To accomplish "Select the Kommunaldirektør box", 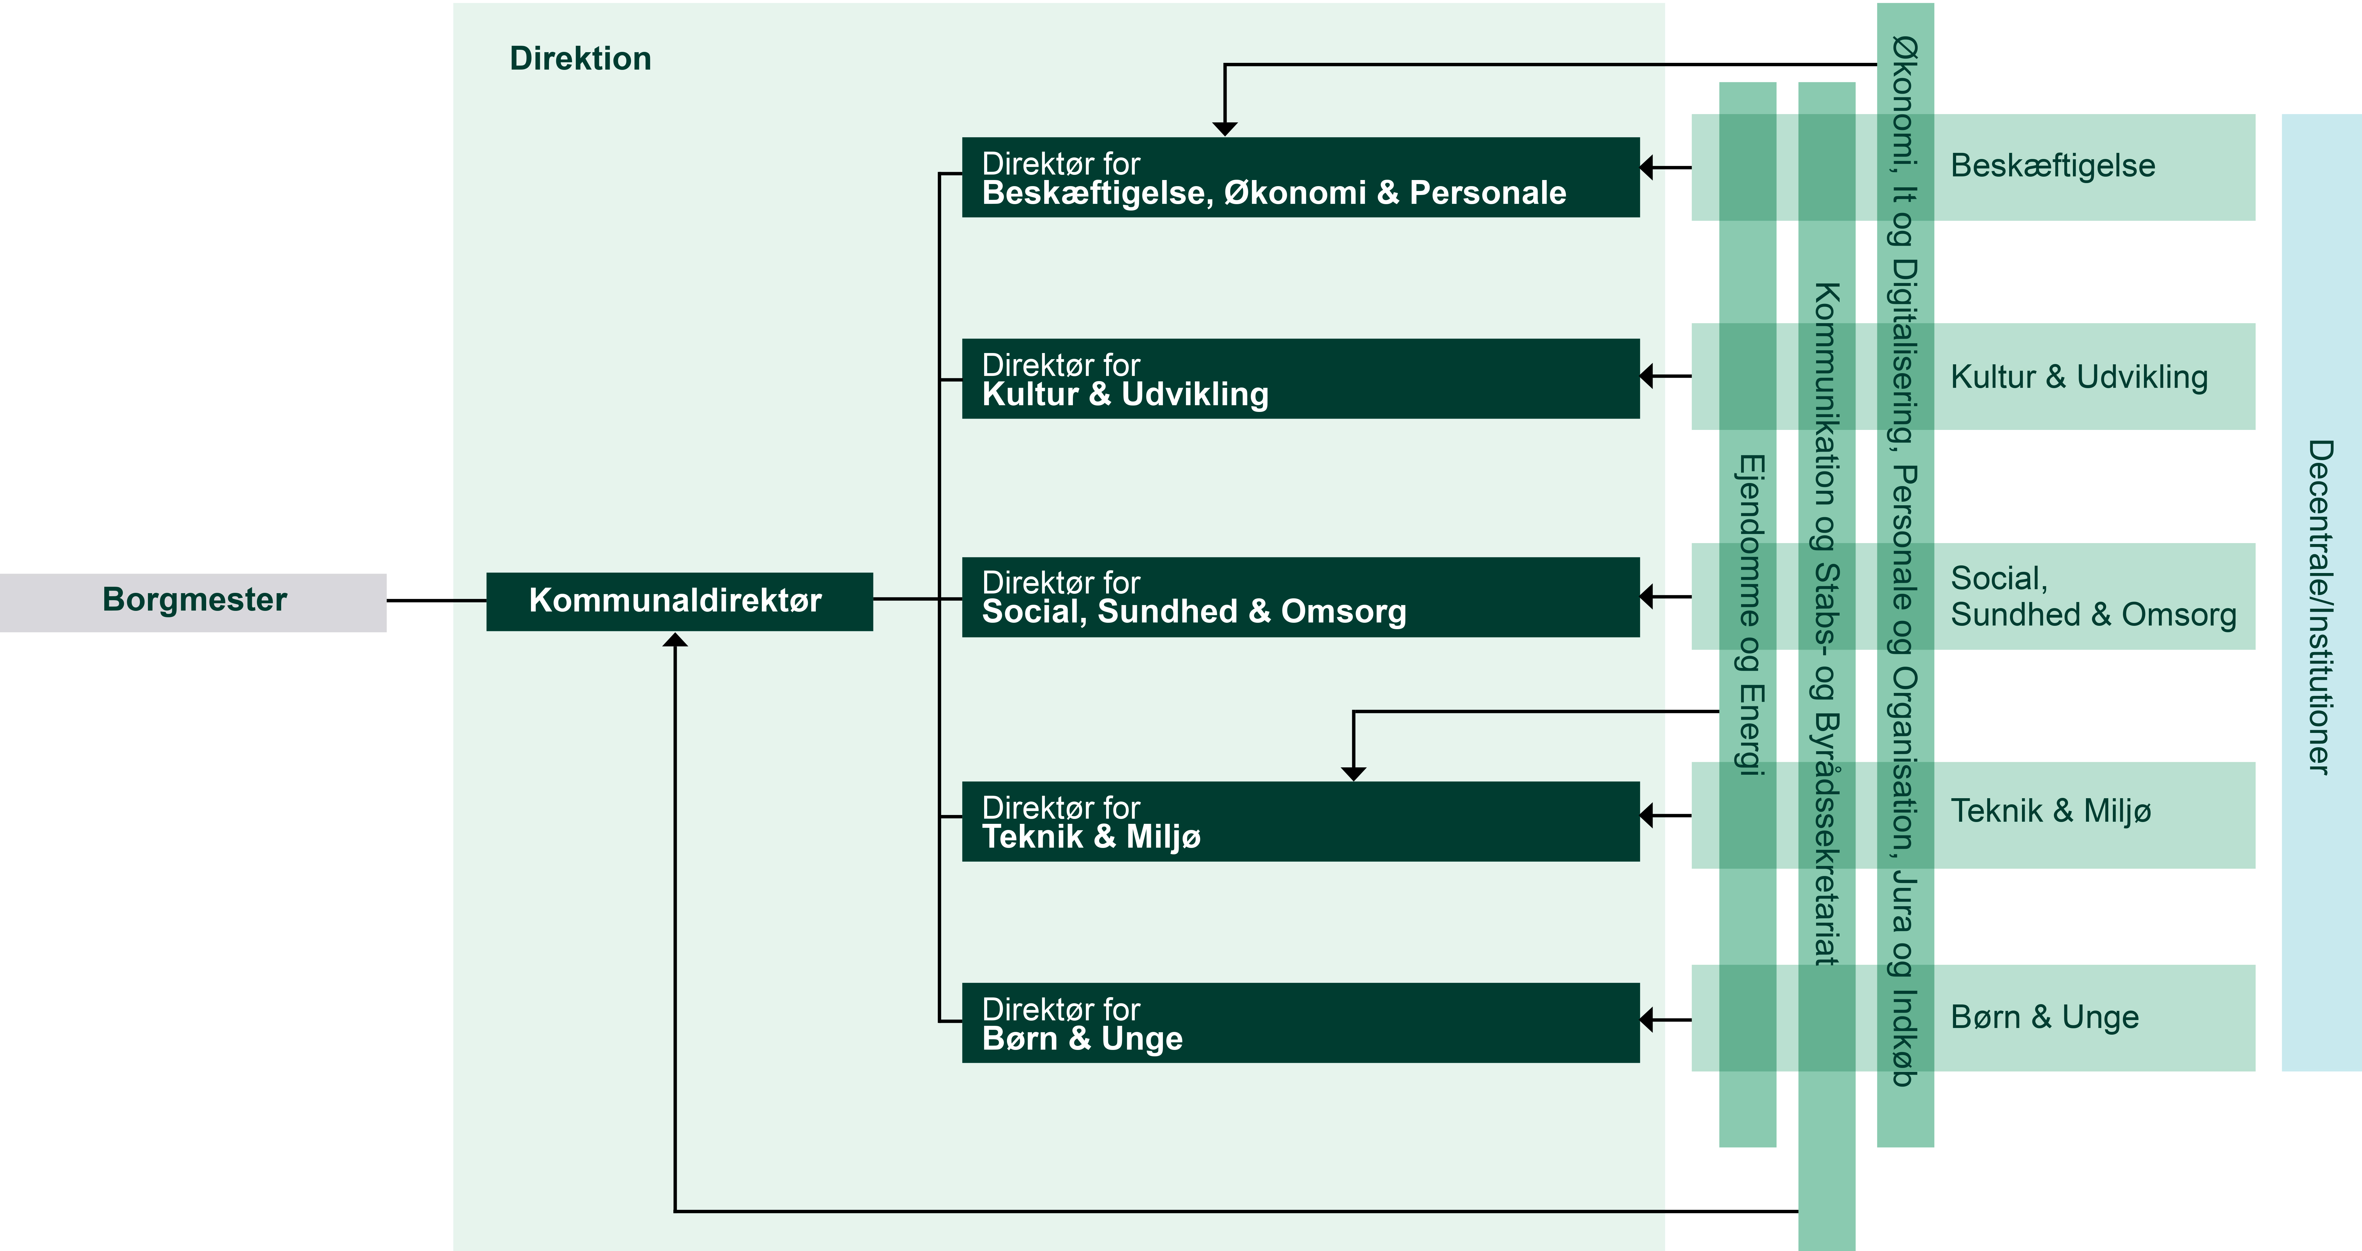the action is coord(679,602).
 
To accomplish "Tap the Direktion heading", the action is coord(580,59).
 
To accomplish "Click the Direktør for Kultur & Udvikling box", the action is coord(1300,379).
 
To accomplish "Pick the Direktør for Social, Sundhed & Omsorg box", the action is coord(1300,597).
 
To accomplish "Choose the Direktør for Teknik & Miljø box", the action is coord(1300,822).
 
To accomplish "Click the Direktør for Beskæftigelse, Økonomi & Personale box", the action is coord(1300,177).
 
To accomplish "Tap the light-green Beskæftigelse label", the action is coord(2052,166).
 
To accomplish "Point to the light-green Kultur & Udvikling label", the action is coord(2079,377).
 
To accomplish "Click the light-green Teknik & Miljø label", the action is coord(2050,811).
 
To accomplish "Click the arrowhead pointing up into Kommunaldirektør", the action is coord(675,639).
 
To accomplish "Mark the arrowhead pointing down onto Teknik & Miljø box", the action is coord(1353,774).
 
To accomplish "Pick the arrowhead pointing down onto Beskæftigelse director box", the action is coord(1225,129).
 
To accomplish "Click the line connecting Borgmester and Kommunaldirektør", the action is coord(436,601).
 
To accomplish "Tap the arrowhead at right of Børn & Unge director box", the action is coord(1647,1020).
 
